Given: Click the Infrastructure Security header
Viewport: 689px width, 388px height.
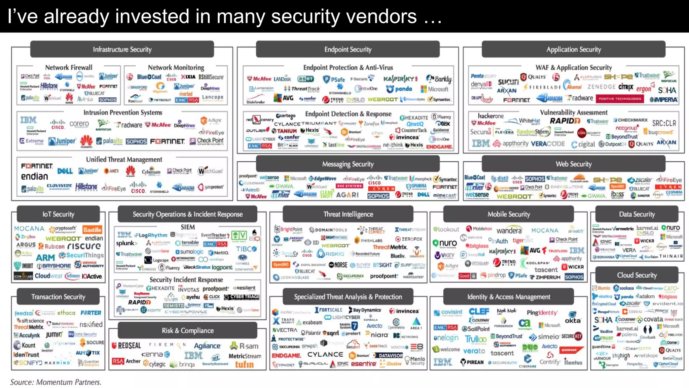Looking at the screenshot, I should click(x=122, y=50).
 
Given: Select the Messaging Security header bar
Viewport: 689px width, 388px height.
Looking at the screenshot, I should click(x=348, y=164).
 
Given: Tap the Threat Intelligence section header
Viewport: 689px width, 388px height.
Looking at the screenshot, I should click(x=348, y=214).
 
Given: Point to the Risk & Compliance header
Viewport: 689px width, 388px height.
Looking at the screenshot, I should click(x=188, y=331).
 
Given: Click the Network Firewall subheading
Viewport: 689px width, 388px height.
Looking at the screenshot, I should click(x=69, y=67).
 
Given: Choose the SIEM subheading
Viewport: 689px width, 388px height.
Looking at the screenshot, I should click(x=188, y=227).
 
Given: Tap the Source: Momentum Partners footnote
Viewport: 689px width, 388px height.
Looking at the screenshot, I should click(x=56, y=382).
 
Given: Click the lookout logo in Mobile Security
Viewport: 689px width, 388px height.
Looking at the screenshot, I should click(x=446, y=229).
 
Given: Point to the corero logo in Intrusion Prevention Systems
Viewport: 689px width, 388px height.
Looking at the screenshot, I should click(x=79, y=124).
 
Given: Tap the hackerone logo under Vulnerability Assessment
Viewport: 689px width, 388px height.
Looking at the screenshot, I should click(x=491, y=116).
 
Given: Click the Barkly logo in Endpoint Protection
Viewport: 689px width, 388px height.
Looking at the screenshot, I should click(x=439, y=79).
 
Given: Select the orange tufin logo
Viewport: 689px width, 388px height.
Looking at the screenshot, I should click(x=244, y=364).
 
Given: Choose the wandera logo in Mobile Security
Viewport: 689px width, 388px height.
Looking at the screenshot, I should click(x=509, y=230).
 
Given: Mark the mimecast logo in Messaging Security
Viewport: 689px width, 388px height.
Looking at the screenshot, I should click(x=444, y=195).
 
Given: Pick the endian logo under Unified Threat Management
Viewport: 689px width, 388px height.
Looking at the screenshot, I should click(x=35, y=176).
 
